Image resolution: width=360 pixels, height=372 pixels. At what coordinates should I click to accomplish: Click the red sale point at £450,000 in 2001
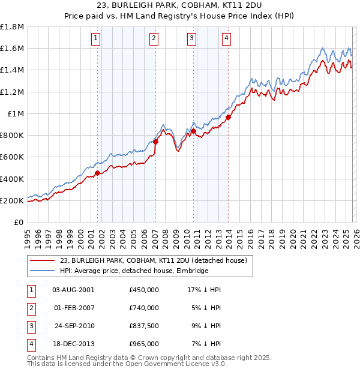97,173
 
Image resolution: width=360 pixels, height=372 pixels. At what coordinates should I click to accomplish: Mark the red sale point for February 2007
155,142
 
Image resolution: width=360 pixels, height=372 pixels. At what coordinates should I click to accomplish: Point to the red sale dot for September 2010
194,131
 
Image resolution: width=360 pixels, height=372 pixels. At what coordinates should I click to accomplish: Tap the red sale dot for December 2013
228,117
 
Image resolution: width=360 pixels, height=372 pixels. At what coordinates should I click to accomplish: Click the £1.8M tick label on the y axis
13,27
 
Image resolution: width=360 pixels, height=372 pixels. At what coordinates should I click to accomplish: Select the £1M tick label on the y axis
16,113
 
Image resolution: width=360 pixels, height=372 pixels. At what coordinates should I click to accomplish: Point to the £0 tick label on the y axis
19,222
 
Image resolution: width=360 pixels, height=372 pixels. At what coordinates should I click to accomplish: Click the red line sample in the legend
41,260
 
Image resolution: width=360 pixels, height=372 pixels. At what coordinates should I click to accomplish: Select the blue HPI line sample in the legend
41,271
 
